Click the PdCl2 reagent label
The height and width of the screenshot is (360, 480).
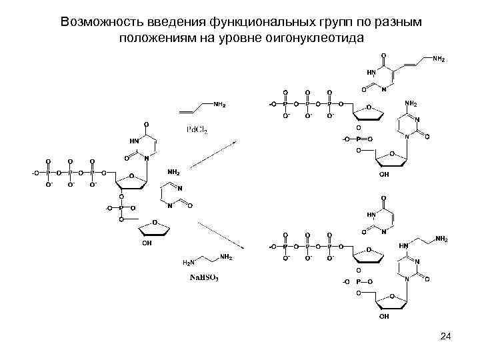(x=196, y=130)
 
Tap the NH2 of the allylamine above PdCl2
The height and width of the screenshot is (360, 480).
(x=220, y=105)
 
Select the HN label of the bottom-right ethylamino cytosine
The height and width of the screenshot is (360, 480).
(x=405, y=247)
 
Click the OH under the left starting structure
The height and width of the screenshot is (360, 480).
(x=147, y=244)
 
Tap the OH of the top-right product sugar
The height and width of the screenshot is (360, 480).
(x=385, y=174)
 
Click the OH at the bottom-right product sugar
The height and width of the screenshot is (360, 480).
(x=385, y=317)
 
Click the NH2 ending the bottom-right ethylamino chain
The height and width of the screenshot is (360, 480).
(x=441, y=238)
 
